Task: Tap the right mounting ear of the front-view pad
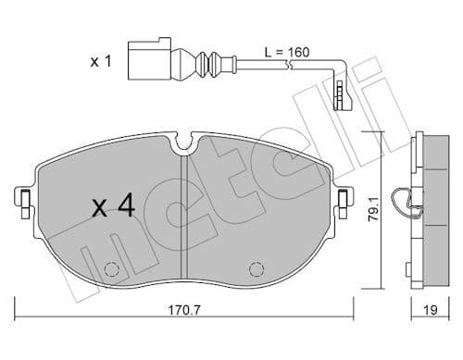[x=344, y=198]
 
